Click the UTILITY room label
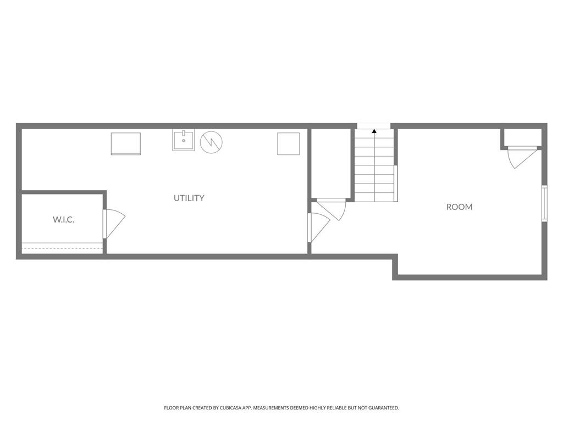coord(189,198)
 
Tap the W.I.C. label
coord(64,219)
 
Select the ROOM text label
coord(459,207)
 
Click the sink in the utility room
coord(183,141)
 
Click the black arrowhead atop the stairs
coord(374,131)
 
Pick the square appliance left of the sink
coord(125,143)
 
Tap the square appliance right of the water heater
coord(288,143)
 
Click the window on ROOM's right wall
coord(544,203)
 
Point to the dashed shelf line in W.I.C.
coord(62,248)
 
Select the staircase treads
coord(374,168)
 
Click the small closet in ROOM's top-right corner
coord(521,137)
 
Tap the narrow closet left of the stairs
coord(330,162)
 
